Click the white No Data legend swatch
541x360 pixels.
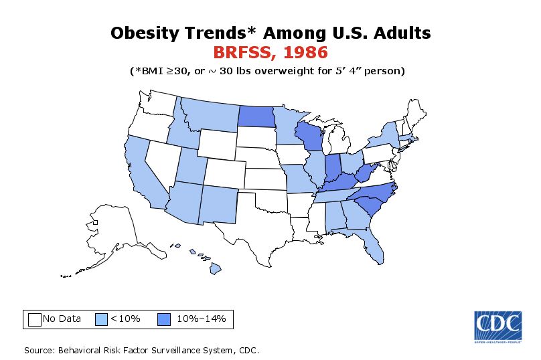35,319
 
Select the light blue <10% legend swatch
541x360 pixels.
102,319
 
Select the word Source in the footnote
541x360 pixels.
38,350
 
